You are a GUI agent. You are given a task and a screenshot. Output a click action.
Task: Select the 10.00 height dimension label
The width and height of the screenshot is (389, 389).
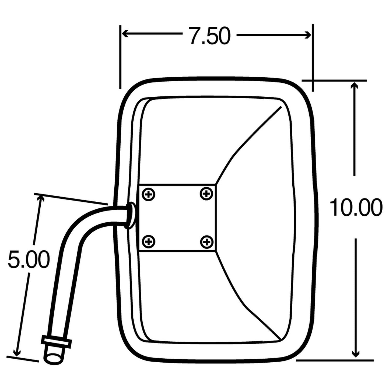(356, 207)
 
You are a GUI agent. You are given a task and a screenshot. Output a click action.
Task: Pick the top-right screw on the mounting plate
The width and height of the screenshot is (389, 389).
(206, 193)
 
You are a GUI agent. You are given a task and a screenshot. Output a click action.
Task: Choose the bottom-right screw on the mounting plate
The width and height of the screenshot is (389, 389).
(207, 241)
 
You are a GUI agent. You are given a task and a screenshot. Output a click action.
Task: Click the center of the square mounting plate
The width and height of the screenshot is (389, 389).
(178, 218)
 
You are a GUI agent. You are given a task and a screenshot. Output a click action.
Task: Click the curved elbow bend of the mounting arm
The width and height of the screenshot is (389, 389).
(81, 226)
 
